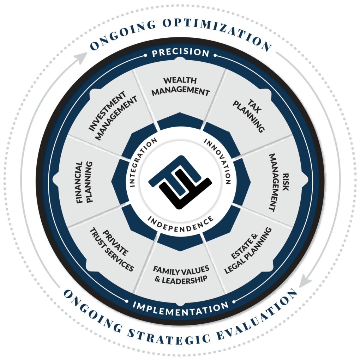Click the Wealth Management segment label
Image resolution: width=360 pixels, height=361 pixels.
pos(180,86)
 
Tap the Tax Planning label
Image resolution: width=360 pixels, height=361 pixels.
pos(249,116)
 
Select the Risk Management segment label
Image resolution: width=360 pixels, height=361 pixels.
pos(279,182)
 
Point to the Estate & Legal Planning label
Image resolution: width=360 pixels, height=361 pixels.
pos(248,250)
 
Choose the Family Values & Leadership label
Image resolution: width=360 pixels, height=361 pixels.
pos(181,275)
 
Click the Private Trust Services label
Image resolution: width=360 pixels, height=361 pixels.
pos(112,250)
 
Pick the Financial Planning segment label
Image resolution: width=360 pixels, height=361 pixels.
pos(84,182)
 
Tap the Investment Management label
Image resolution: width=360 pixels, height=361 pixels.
pos(113,116)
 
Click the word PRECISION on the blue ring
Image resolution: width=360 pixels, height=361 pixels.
pos(181,53)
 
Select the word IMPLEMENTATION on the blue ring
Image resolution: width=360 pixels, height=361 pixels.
pos(180,308)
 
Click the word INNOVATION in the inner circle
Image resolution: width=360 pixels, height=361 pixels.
pos(218,160)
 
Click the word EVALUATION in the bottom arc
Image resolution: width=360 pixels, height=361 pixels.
pos(258,316)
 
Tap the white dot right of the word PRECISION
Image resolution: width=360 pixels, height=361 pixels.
pos(215,55)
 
